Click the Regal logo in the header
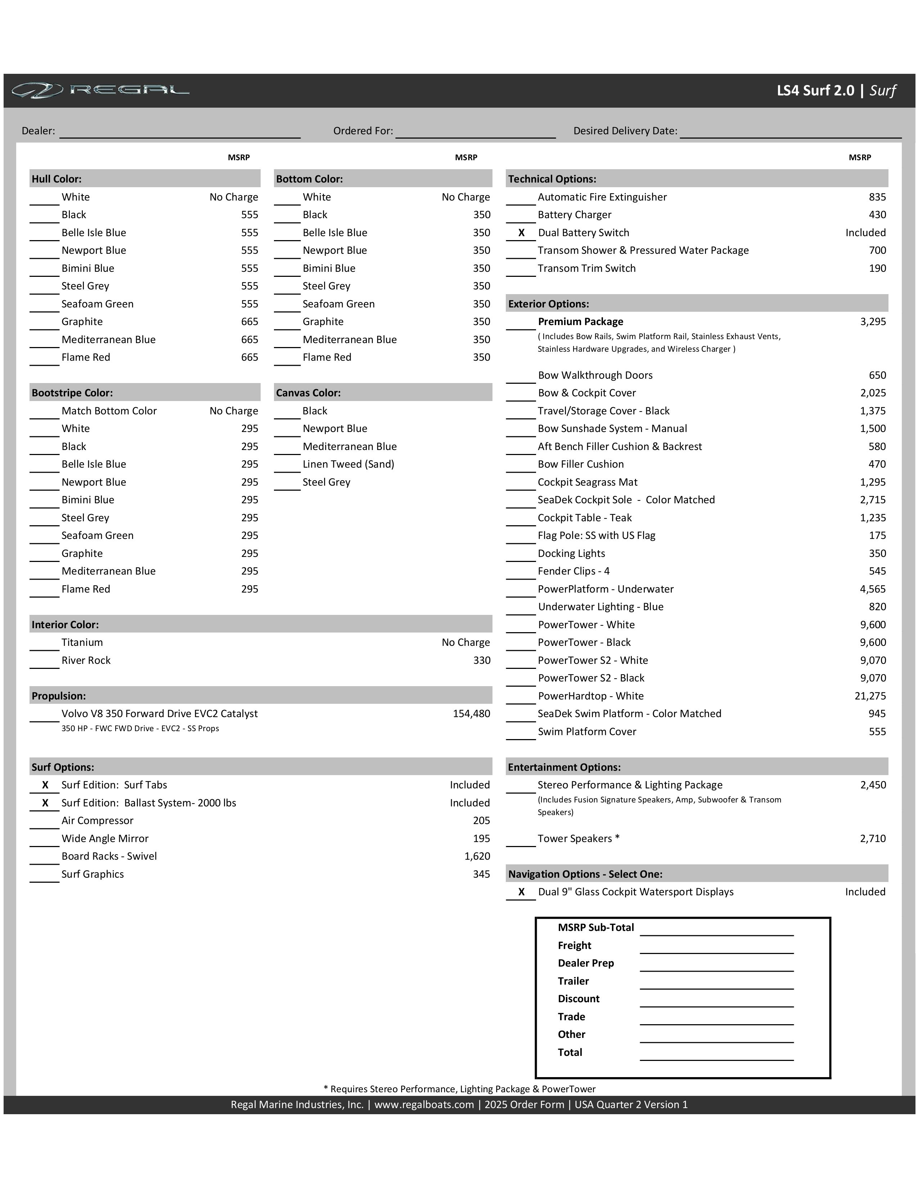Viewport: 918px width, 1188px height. tap(100, 90)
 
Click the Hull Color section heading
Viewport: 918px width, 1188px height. tap(57, 179)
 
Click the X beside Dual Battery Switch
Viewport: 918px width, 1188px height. tap(521, 233)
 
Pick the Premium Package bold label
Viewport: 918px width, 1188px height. tap(580, 321)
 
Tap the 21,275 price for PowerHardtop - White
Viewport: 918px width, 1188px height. tap(870, 696)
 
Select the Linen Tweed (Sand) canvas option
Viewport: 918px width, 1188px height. tap(348, 464)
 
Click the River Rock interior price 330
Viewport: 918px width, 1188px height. tap(481, 660)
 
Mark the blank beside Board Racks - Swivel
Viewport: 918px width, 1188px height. tap(44, 858)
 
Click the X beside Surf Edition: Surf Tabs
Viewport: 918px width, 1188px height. tap(45, 785)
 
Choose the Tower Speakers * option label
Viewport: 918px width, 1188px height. tap(578, 838)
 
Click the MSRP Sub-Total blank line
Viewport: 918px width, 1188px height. tap(716, 929)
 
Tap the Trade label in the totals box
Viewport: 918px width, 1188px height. tap(571, 1017)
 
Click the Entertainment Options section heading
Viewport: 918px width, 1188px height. tap(564, 767)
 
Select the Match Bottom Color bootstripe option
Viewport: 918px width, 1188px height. tap(109, 411)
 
